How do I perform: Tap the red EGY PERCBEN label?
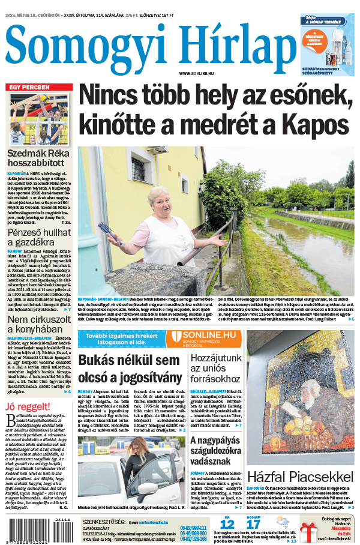coord(28,88)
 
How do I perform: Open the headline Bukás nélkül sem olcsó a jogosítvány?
coord(130,369)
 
